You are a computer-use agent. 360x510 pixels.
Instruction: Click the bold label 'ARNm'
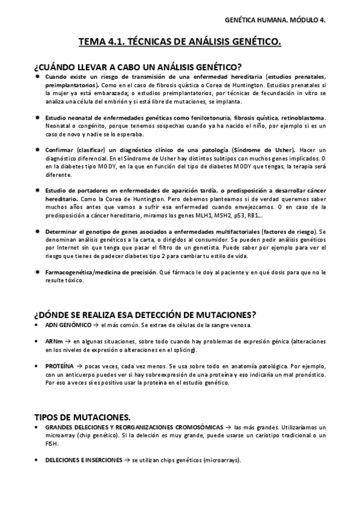(53, 341)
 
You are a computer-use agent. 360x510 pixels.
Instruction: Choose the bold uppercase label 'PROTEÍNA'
(59, 365)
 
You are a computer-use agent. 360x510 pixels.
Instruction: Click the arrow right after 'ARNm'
(67, 341)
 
